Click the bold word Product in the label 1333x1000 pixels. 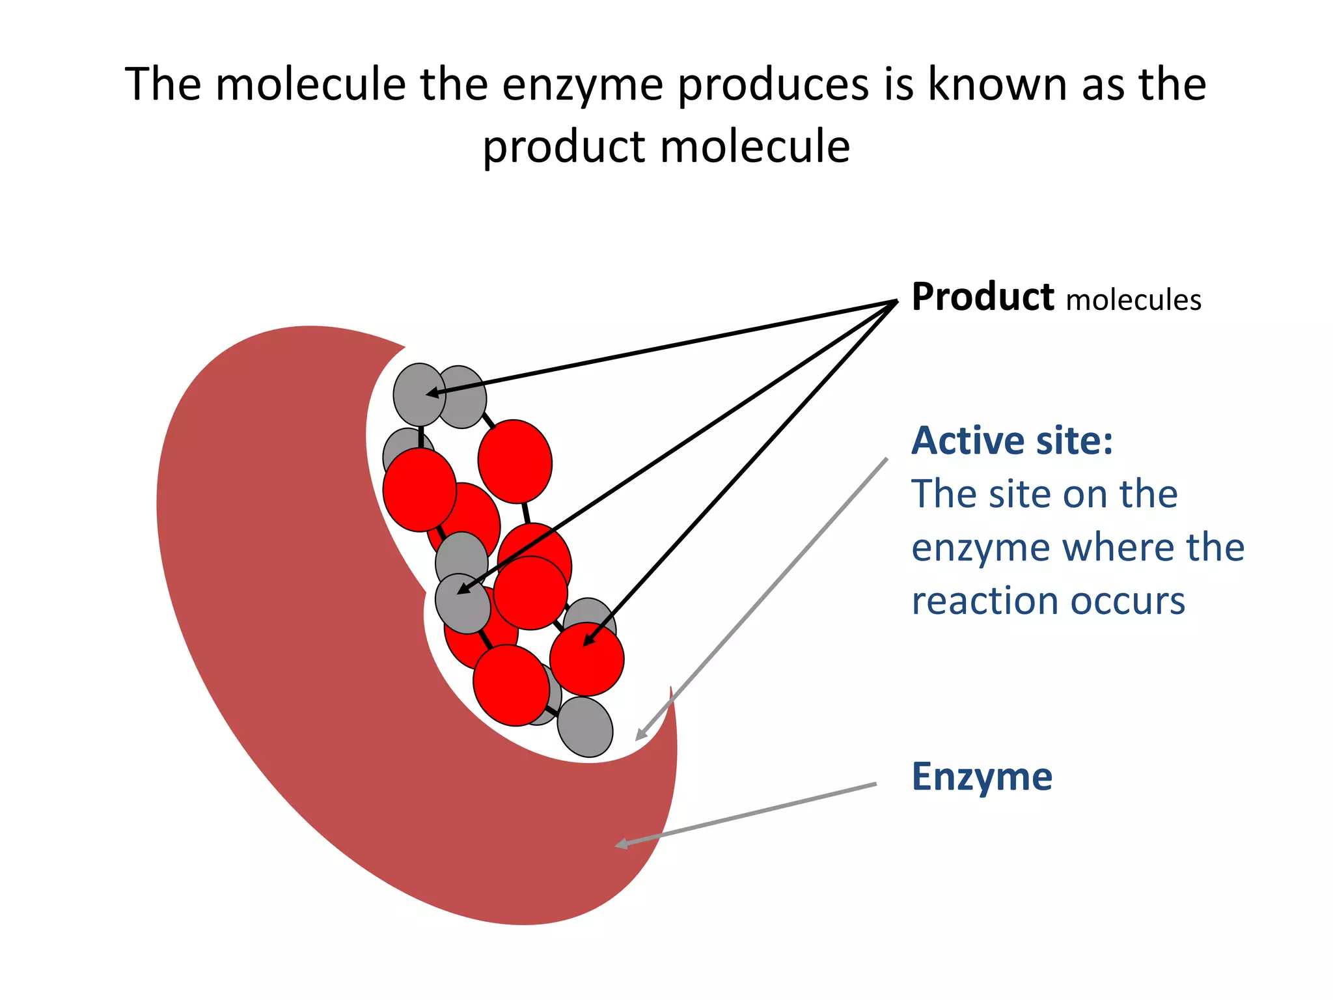point(982,298)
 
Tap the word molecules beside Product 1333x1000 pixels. point(1133,301)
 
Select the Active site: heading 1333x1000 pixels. point(1011,441)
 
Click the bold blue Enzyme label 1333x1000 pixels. point(982,777)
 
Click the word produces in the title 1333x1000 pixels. point(773,85)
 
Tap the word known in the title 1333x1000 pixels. point(998,85)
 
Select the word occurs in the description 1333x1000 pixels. point(1127,601)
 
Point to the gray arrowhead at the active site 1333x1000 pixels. point(641,735)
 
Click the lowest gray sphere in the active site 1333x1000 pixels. point(585,727)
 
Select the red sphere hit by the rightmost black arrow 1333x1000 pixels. point(587,659)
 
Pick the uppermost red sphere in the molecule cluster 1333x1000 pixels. point(515,461)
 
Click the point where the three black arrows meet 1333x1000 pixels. point(896,301)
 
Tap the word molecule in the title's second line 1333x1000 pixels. point(755,146)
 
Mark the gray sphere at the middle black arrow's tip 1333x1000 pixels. point(462,603)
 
